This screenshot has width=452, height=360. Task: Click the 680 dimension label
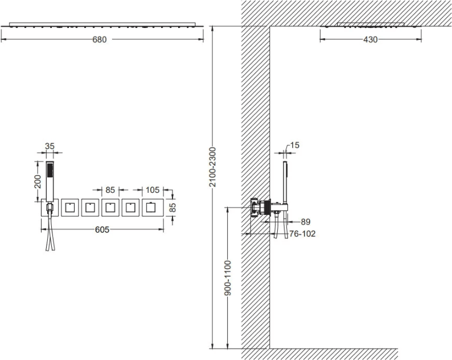coord(100,39)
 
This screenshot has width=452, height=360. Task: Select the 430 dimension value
coord(370,39)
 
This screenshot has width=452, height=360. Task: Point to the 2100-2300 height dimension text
coord(212,167)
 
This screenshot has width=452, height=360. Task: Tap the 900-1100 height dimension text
coord(228,278)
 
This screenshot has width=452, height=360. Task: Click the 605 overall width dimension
coord(102,230)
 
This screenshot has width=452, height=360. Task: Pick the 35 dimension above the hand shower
coord(50,146)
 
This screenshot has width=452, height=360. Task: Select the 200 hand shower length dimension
coord(38,181)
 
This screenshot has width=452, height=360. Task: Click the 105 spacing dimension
coord(152,190)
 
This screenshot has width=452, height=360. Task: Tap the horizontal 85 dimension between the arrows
coord(110,190)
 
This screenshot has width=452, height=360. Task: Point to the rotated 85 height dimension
coord(172,208)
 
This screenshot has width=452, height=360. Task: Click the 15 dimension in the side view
coord(295,145)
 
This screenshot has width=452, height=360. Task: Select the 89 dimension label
coord(306,222)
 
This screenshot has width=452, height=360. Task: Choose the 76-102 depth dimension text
coord(302,234)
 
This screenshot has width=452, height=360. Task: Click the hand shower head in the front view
coord(50,181)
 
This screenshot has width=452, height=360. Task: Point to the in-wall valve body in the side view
coord(260,207)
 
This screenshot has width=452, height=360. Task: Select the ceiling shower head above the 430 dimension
coord(371,25)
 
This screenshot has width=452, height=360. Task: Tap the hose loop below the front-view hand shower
coord(50,233)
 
